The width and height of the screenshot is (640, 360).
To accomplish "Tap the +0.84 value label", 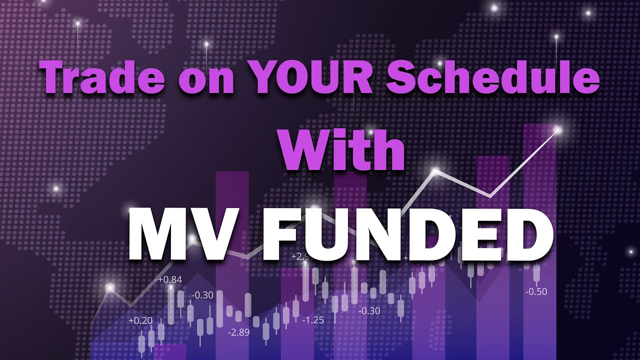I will pyautogui.click(x=170, y=279).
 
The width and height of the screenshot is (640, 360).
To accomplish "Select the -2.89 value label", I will pyautogui.click(x=238, y=332).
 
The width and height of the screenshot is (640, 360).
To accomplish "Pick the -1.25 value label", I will pyautogui.click(x=313, y=320).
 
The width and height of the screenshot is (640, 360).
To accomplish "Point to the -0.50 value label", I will pyautogui.click(x=536, y=291).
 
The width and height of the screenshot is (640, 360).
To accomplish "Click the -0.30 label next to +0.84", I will pyautogui.click(x=202, y=295).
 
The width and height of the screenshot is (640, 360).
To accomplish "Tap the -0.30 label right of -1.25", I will pyautogui.click(x=369, y=311).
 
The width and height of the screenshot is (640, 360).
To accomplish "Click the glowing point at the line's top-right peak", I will pyautogui.click(x=558, y=130).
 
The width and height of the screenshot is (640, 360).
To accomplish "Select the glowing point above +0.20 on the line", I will pyautogui.click(x=110, y=287).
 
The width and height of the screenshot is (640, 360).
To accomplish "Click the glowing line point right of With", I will pyautogui.click(x=435, y=171).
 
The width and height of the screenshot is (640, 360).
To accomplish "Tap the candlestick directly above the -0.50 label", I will pyautogui.click(x=537, y=273).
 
